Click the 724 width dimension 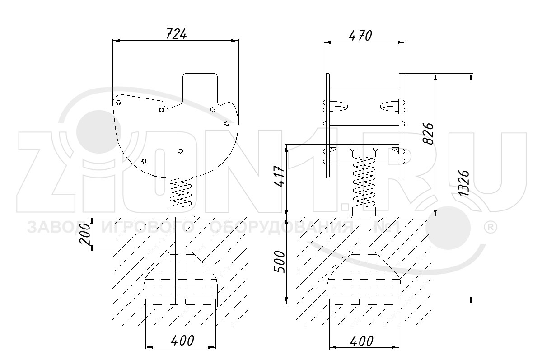pos(176,34)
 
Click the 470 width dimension pos(360,36)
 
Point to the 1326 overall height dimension pos(464,183)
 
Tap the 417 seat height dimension pos(279,176)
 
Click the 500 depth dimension pos(280,262)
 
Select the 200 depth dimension pos(85,234)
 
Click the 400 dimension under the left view pos(182,341)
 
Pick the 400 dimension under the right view pos(362,341)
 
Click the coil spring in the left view pos(181,192)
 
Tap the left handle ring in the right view pos(339,107)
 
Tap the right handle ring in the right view pos(389,107)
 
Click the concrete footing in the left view pos(180,280)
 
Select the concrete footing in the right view pos(364,280)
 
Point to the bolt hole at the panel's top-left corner pos(118,103)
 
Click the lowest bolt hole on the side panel pos(144,161)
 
